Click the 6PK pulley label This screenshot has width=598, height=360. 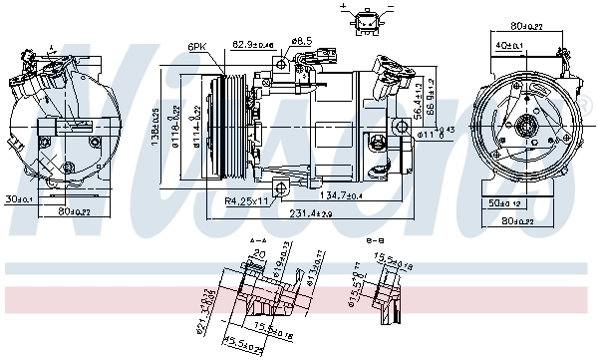pyautogui.click(x=197, y=46)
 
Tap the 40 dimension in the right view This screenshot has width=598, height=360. pyautogui.click(x=508, y=44)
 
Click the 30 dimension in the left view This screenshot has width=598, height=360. pyautogui.click(x=19, y=197)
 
